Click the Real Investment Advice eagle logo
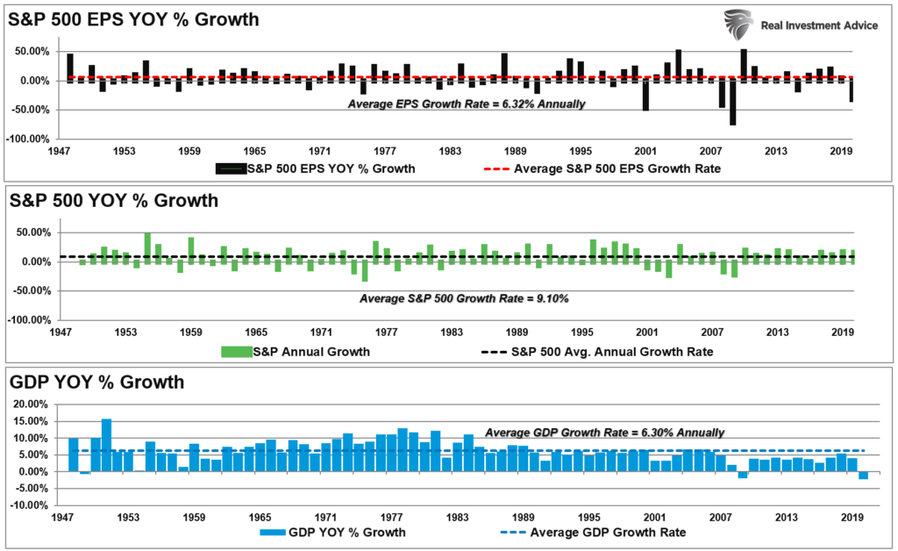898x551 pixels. (739, 24)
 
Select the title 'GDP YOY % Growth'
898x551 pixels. (96, 382)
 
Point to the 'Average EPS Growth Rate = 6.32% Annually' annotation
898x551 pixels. (467, 104)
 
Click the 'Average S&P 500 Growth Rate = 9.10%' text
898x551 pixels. (465, 298)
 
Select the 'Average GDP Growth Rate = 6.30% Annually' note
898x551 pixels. (605, 432)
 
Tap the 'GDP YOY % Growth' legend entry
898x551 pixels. (332, 532)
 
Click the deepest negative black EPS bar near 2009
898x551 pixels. (732, 103)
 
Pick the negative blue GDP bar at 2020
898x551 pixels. (863, 476)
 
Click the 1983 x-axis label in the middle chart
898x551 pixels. (452, 333)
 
